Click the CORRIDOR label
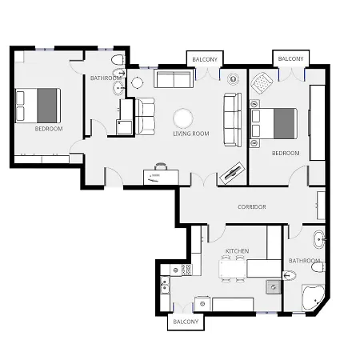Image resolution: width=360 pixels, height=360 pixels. (252, 207)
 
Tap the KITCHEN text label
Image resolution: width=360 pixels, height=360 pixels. (237, 251)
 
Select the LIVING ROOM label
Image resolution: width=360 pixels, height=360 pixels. (191, 134)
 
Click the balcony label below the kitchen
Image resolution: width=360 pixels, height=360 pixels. (186, 322)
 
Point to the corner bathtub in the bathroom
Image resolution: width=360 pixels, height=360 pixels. (313, 298)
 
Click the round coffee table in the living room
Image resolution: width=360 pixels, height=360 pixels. (183, 118)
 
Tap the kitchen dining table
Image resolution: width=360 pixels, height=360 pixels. (233, 269)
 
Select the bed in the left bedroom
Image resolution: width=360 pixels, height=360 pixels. (38, 106)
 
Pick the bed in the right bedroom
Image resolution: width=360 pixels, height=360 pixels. (274, 123)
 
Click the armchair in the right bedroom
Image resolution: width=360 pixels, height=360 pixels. (262, 83)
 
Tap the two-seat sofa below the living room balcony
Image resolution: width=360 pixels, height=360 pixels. (174, 79)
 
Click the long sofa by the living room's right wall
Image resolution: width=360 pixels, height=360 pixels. (233, 120)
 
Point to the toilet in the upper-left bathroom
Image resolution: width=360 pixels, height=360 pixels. (118, 60)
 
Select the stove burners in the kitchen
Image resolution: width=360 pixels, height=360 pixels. (186, 270)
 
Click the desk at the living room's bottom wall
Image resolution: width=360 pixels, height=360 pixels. (161, 177)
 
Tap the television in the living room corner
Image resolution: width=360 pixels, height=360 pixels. (232, 173)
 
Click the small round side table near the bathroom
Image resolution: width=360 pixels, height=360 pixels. (138, 82)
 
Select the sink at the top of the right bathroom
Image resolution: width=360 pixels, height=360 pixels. (319, 239)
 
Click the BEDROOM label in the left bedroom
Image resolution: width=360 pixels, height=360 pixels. (49, 129)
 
